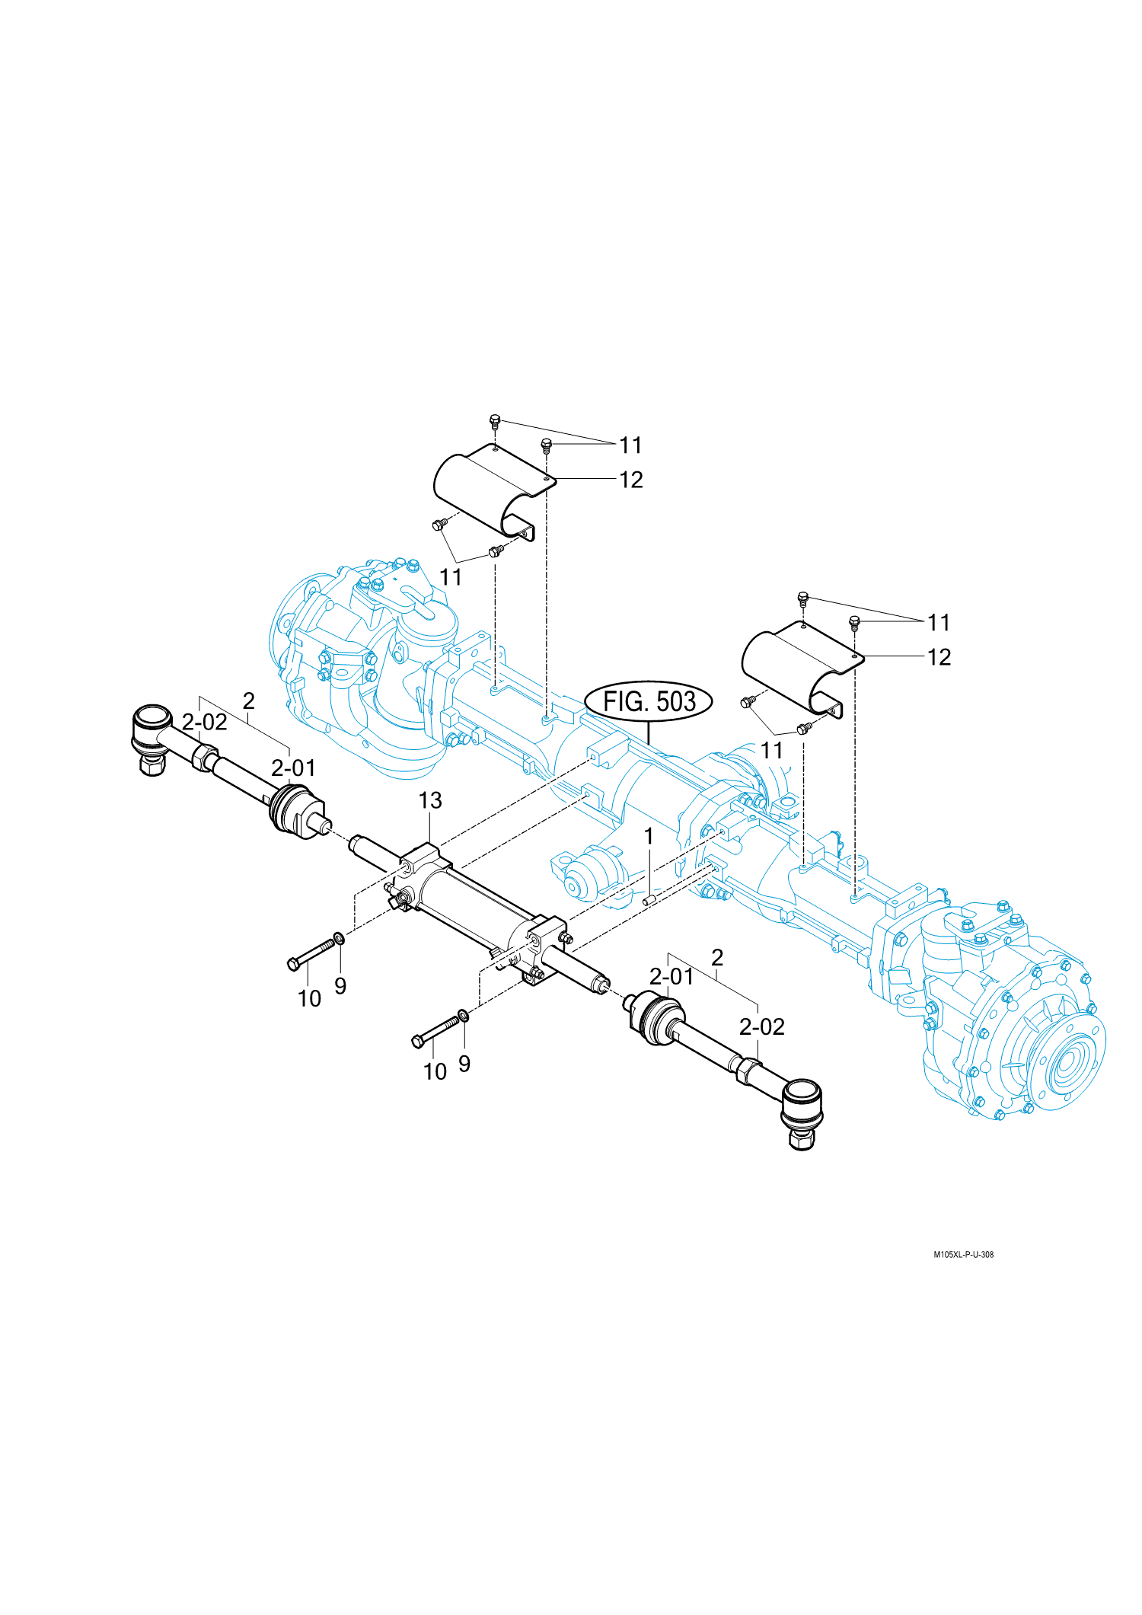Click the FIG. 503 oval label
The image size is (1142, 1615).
coord(649,701)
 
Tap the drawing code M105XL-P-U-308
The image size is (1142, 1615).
coord(963,1254)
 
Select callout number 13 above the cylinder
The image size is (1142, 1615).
coord(430,800)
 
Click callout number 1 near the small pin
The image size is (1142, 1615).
coord(649,836)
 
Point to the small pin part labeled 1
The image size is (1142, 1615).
coord(650,900)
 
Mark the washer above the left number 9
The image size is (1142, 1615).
coord(339,937)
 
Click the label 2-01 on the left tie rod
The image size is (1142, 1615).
coord(293,768)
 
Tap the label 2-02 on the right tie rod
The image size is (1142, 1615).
coord(761,1027)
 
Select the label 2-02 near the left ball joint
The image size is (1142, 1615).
coord(204,722)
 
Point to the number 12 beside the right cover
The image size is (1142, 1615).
coord(939,657)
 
